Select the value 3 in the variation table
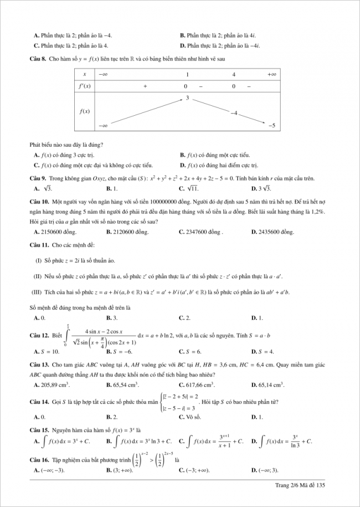pyautogui.click(x=187, y=98)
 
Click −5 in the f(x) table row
pyautogui.click(x=271, y=126)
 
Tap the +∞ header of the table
pyautogui.click(x=271, y=74)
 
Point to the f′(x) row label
pyautogui.click(x=85, y=86)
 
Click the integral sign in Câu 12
pyautogui.click(x=68, y=335)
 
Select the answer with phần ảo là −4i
pyautogui.click(x=224, y=46)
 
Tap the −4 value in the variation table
pyautogui.click(x=234, y=112)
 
